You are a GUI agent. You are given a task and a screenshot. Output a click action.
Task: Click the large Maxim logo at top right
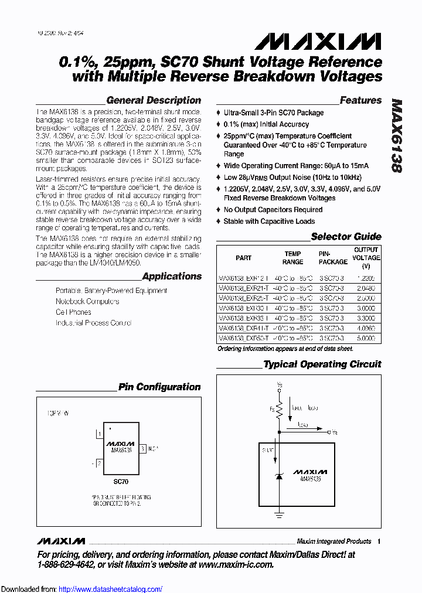(x=318, y=41)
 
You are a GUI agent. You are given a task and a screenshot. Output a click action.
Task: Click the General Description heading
(x=154, y=100)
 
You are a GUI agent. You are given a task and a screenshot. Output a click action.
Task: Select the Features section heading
(x=360, y=100)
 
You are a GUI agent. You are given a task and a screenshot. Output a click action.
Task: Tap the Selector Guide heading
(x=346, y=237)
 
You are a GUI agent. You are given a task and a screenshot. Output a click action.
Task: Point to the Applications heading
(x=172, y=276)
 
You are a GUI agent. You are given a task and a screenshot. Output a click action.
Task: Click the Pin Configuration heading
(x=159, y=387)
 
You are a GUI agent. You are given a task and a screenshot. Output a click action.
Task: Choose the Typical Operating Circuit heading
(x=322, y=364)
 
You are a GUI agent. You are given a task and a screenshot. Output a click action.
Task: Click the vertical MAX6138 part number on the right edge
(x=396, y=135)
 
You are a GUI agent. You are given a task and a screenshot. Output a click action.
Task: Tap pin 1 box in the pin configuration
(x=100, y=434)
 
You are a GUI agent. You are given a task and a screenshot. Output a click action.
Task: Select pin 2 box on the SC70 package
(x=100, y=463)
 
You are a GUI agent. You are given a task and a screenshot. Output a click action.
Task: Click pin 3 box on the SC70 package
(x=143, y=449)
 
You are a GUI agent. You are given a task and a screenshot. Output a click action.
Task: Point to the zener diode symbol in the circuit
(x=278, y=478)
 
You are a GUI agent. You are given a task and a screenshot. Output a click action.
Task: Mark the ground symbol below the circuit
(x=278, y=516)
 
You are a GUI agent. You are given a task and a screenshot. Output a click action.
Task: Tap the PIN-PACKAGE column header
(x=333, y=258)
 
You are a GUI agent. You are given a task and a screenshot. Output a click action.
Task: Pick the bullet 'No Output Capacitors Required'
(x=273, y=210)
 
